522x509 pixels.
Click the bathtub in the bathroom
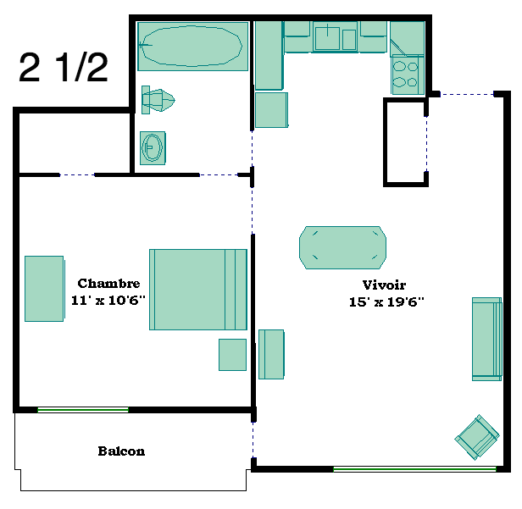tap(192, 47)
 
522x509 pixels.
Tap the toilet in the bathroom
tap(158, 100)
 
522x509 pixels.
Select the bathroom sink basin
tap(153, 147)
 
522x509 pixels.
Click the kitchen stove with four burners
tap(408, 75)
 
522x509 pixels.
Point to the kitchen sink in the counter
tap(336, 38)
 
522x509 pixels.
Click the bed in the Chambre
tap(198, 290)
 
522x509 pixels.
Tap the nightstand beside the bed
tap(232, 355)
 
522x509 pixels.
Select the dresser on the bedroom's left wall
tap(44, 289)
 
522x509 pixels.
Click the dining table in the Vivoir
tap(342, 247)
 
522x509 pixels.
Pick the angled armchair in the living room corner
tap(477, 437)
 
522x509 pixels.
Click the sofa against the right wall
tap(486, 339)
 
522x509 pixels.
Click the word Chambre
tap(108, 284)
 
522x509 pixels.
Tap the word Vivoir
tap(384, 285)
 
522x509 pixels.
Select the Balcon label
tap(121, 451)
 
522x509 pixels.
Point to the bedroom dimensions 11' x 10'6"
tap(108, 300)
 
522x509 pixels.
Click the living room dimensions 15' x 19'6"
tap(386, 302)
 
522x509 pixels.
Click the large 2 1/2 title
tap(64, 67)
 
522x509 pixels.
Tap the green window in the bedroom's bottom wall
tap(83, 410)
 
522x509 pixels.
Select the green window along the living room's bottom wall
tap(415, 469)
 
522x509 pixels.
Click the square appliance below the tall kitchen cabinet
tap(271, 110)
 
